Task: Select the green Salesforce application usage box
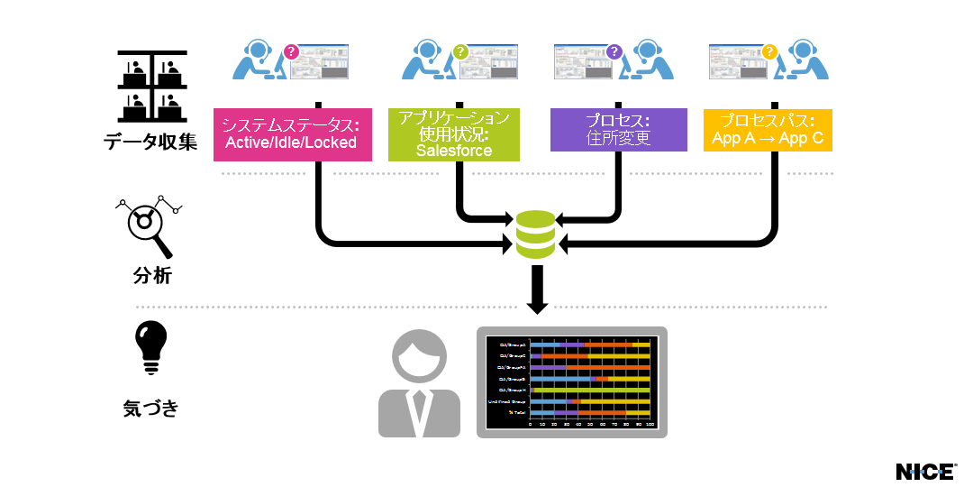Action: (454, 134)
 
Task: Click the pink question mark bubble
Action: (291, 52)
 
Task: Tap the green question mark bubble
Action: (460, 52)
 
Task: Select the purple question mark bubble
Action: (614, 52)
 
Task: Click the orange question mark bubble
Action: (769, 52)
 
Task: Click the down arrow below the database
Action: (537, 290)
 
